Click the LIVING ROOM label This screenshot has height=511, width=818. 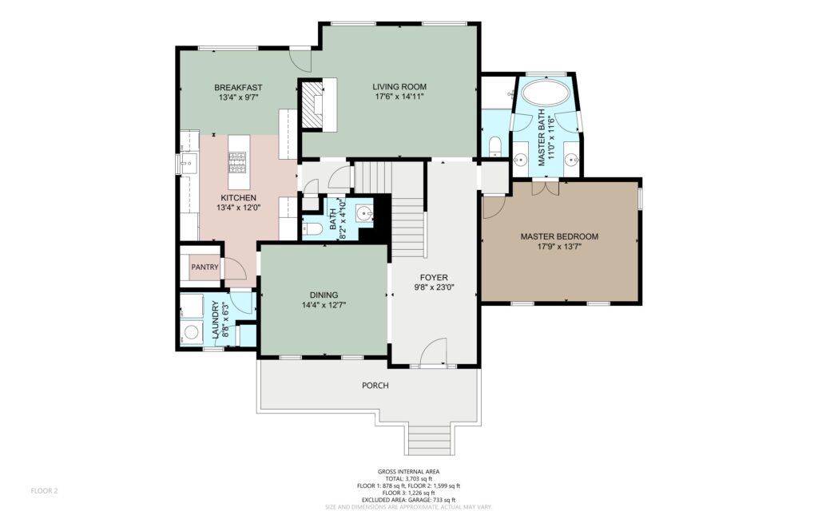tap(399, 87)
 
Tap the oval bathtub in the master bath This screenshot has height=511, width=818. tap(546, 94)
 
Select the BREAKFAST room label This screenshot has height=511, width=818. tap(238, 88)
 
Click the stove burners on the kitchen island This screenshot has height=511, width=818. tap(237, 162)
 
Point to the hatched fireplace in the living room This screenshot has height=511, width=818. tap(312, 105)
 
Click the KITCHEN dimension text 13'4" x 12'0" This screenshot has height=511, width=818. tap(238, 208)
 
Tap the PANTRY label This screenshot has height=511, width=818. tap(204, 267)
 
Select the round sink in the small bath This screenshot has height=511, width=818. tap(364, 212)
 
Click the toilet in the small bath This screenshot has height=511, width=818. tap(313, 228)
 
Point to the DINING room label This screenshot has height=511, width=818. tap(324, 295)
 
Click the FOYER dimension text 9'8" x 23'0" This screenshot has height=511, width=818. tap(431, 287)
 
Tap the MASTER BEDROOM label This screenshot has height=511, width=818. tap(559, 236)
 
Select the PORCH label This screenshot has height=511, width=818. tap(375, 386)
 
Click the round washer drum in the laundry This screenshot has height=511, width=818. tap(193, 331)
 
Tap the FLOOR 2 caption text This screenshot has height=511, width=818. tap(44, 491)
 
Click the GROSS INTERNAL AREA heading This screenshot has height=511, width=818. tap(408, 472)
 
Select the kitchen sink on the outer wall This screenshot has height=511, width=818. tap(186, 163)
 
